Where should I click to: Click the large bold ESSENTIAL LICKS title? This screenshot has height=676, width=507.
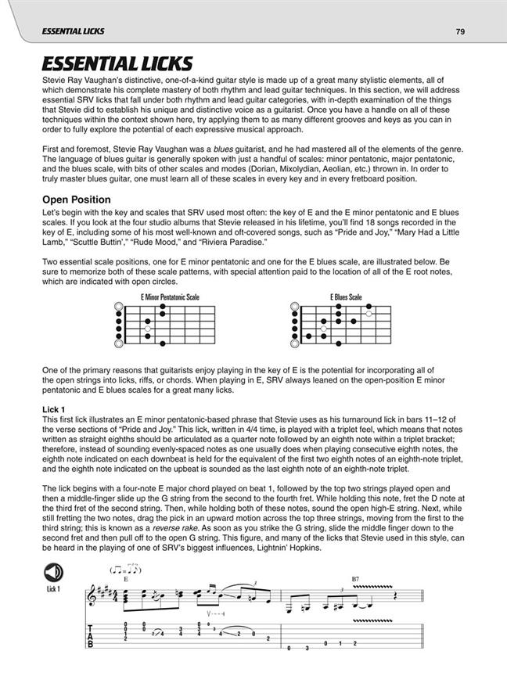click(x=117, y=64)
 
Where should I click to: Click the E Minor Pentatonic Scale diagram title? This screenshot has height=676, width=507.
click(x=170, y=297)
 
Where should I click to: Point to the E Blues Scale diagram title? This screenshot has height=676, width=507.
click(x=346, y=297)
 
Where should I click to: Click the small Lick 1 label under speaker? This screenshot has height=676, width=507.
click(x=51, y=588)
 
